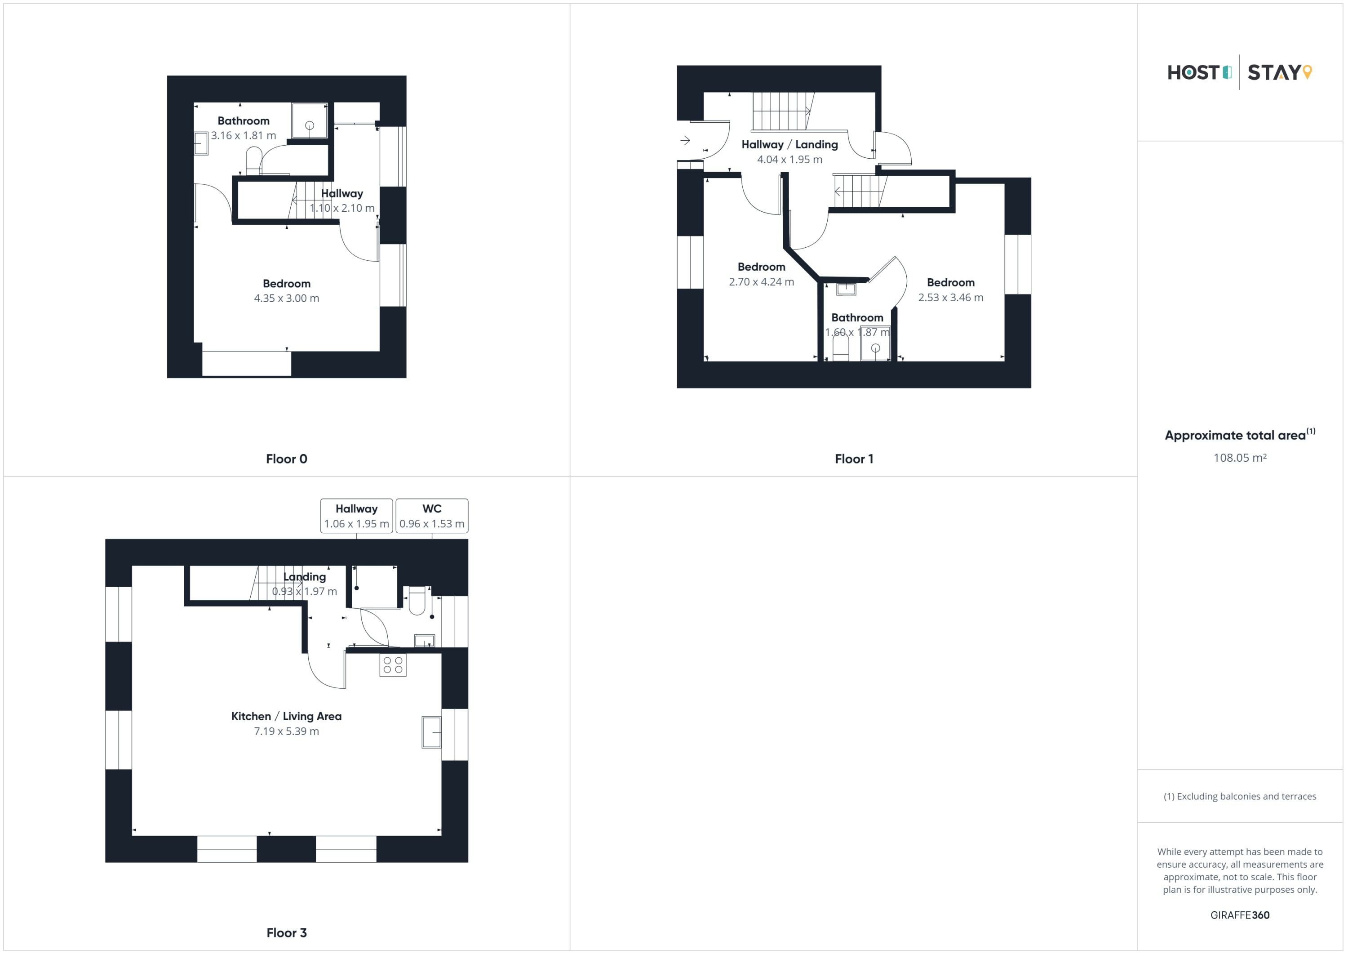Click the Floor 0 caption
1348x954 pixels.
287,459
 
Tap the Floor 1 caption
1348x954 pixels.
854,459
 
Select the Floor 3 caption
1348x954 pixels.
287,932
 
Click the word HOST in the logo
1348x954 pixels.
1193,72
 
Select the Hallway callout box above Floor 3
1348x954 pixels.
356,516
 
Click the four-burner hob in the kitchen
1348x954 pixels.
393,665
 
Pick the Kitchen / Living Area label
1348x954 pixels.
287,716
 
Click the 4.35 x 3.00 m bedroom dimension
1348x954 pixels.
287,299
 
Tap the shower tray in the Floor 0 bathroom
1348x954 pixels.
310,121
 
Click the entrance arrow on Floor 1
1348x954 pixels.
685,140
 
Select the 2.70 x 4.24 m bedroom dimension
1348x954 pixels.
762,282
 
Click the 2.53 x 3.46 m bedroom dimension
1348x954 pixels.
950,298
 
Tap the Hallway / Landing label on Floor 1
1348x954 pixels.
789,144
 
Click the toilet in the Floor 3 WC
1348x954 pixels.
417,600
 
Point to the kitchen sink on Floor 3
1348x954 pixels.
431,732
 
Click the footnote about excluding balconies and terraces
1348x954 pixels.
1240,797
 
